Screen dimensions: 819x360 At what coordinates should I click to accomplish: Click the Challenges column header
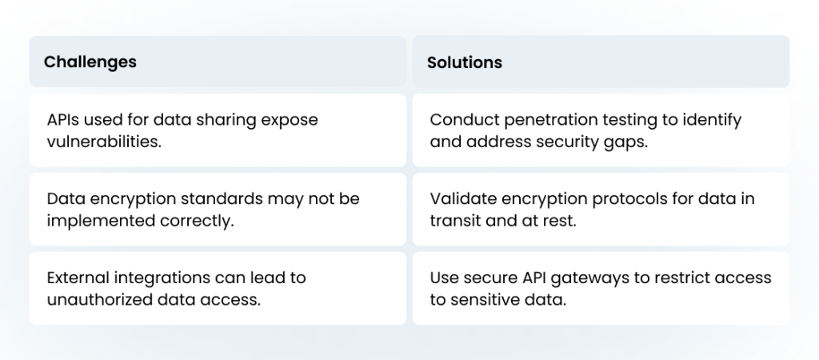[90, 62]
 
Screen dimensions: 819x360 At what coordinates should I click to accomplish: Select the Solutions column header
[465, 62]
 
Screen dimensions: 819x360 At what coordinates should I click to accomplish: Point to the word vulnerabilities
[104, 142]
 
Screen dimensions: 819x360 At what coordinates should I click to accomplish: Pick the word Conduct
[465, 120]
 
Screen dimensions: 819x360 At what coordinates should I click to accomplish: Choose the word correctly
[197, 222]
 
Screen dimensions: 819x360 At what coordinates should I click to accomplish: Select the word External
[78, 278]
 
